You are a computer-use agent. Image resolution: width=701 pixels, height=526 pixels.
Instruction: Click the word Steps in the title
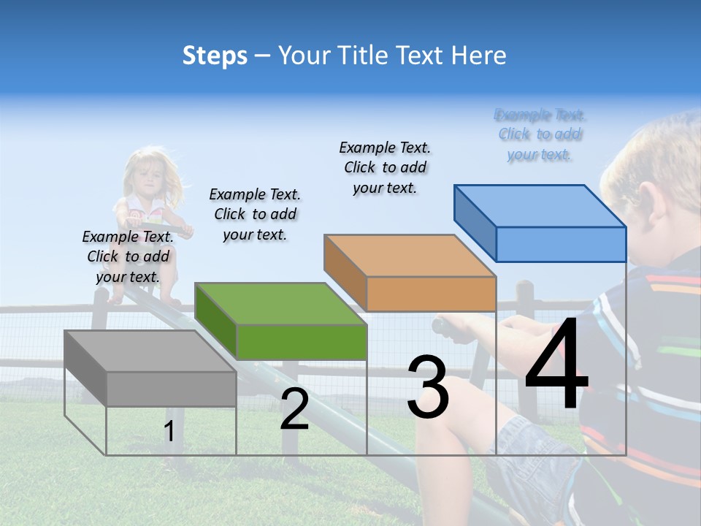point(215,56)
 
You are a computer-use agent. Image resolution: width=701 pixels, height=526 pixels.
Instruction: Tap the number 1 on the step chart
point(169,432)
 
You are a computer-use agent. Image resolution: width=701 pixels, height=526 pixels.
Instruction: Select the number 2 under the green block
point(294,409)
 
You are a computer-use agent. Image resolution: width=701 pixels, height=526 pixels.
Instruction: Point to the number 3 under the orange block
point(427,388)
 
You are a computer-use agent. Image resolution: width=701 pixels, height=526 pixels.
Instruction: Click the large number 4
point(556,366)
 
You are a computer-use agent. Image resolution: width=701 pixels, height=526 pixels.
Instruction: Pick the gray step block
point(150,368)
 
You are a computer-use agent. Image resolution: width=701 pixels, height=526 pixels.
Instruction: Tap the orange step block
point(410,273)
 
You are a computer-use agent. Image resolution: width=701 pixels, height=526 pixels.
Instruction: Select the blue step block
point(540,223)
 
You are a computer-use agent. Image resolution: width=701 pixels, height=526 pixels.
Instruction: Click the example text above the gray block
point(128,256)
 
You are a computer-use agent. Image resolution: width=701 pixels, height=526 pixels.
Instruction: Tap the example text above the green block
point(255,214)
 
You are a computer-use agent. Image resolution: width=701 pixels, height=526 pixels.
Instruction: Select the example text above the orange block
point(385,167)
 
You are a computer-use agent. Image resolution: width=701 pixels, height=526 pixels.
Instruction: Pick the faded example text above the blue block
point(540,134)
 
